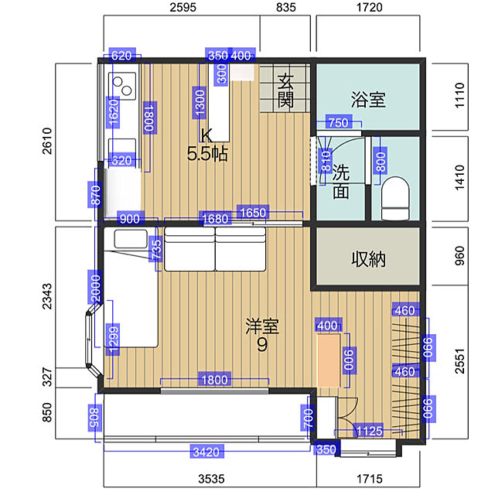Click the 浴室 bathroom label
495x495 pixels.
pyautogui.click(x=368, y=100)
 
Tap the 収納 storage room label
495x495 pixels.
pyautogui.click(x=368, y=259)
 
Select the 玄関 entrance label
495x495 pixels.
pyautogui.click(x=285, y=91)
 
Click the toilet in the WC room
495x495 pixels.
pyautogui.click(x=395, y=198)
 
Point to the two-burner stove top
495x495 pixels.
pyautogui.click(x=122, y=86)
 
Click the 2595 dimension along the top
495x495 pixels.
pyautogui.click(x=183, y=7)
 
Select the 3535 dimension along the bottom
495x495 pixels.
pyautogui.click(x=211, y=479)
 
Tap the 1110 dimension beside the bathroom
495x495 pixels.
pyautogui.click(x=460, y=96)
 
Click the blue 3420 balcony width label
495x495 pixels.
pyautogui.click(x=207, y=452)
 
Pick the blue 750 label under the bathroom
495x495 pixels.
pyautogui.click(x=339, y=122)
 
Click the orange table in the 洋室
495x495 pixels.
pyautogui.click(x=329, y=360)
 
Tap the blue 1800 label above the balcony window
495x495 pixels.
pyautogui.click(x=214, y=380)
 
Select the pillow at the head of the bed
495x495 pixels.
pyautogui.click(x=131, y=239)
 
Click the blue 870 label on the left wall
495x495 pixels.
pyautogui.click(x=95, y=196)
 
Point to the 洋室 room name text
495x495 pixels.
pyautogui.click(x=262, y=326)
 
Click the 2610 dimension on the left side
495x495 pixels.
pyautogui.click(x=46, y=141)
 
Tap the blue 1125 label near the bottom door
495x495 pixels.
pyautogui.click(x=370, y=431)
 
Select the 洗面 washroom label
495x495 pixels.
pyautogui.click(x=341, y=182)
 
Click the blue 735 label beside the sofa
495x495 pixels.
pyautogui.click(x=156, y=251)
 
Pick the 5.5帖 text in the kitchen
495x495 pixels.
pyautogui.click(x=207, y=154)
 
